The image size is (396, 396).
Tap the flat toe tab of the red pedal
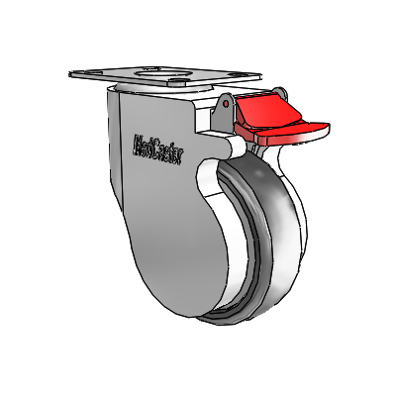(309, 128)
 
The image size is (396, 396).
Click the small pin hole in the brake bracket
(225, 102)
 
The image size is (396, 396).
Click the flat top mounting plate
(168, 76)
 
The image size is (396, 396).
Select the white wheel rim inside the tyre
(238, 247)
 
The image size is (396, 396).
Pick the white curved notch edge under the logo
(205, 178)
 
